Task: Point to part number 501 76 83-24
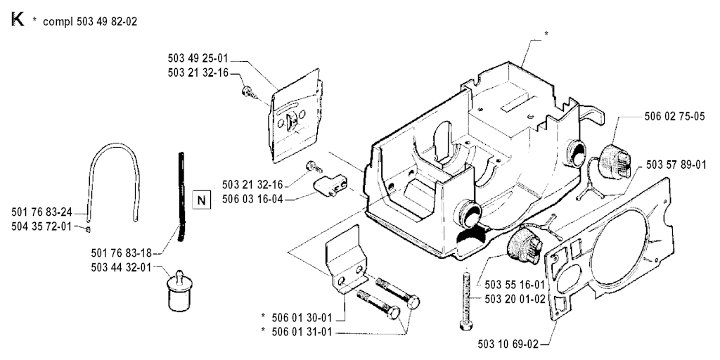(41, 211)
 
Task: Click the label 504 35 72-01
(41, 226)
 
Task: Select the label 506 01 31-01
(307, 331)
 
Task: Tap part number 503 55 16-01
(515, 285)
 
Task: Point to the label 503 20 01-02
(515, 299)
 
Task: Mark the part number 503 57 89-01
(676, 164)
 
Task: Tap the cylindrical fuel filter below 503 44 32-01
(176, 289)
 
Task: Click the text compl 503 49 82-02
(90, 22)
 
